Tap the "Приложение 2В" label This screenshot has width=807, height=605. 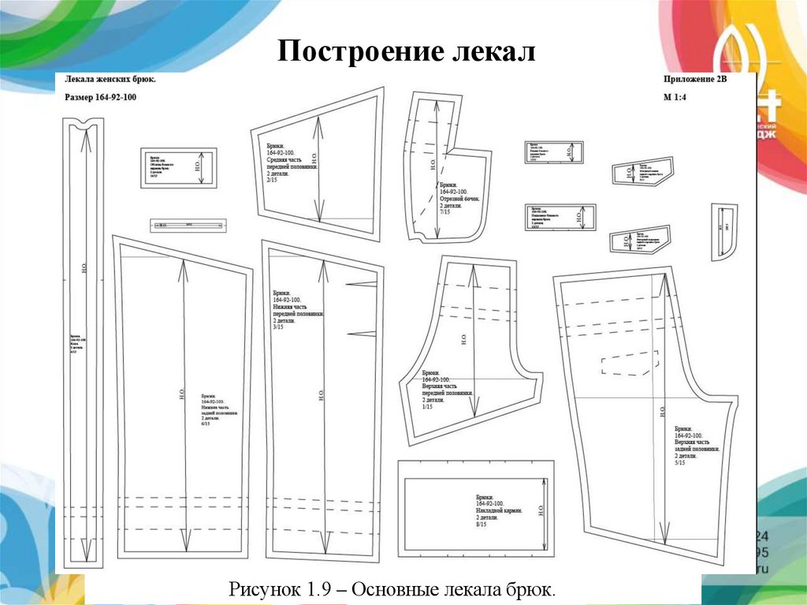[697, 80]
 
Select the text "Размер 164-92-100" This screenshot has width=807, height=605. [100, 97]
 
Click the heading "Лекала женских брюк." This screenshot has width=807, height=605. [110, 80]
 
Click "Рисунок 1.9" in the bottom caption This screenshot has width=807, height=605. [273, 589]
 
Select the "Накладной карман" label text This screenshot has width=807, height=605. [496, 510]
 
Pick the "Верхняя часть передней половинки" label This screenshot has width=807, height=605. [447, 386]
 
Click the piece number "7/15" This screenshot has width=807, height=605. [445, 211]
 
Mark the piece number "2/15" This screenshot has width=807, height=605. [273, 181]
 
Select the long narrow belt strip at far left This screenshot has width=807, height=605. [84, 339]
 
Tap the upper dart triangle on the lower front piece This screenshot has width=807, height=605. [362, 282]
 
